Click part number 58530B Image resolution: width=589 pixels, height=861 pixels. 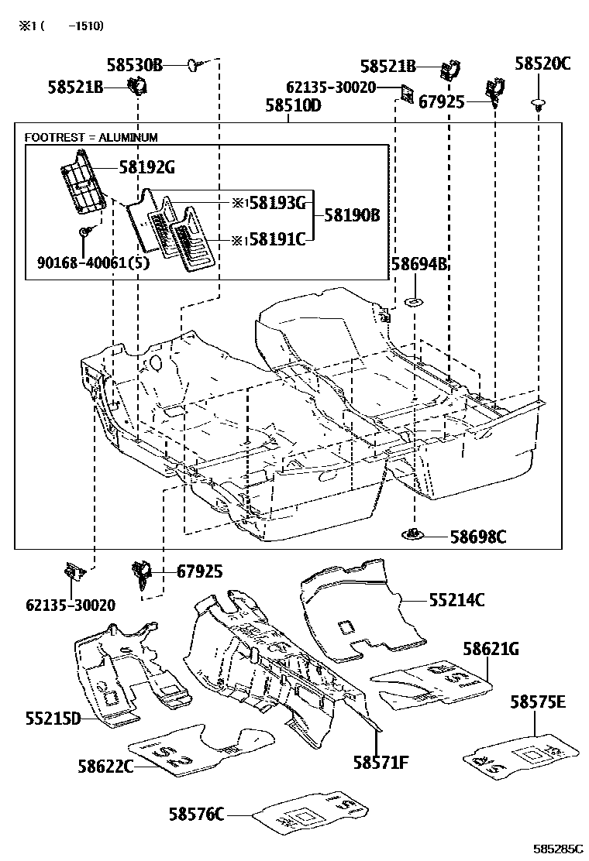[135, 66]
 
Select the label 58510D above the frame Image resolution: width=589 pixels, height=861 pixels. [293, 105]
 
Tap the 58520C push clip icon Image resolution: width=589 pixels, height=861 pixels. [536, 103]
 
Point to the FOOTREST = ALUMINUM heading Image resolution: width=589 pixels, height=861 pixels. [91, 138]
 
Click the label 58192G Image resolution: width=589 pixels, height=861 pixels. [146, 166]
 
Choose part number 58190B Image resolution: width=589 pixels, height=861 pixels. [352, 216]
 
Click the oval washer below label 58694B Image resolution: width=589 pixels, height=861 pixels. [415, 300]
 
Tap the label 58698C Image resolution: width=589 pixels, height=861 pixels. [478, 536]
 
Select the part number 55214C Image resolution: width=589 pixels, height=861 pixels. [457, 599]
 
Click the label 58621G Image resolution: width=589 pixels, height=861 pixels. [491, 650]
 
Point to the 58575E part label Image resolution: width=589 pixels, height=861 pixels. [538, 702]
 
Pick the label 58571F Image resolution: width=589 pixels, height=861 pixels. [381, 763]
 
